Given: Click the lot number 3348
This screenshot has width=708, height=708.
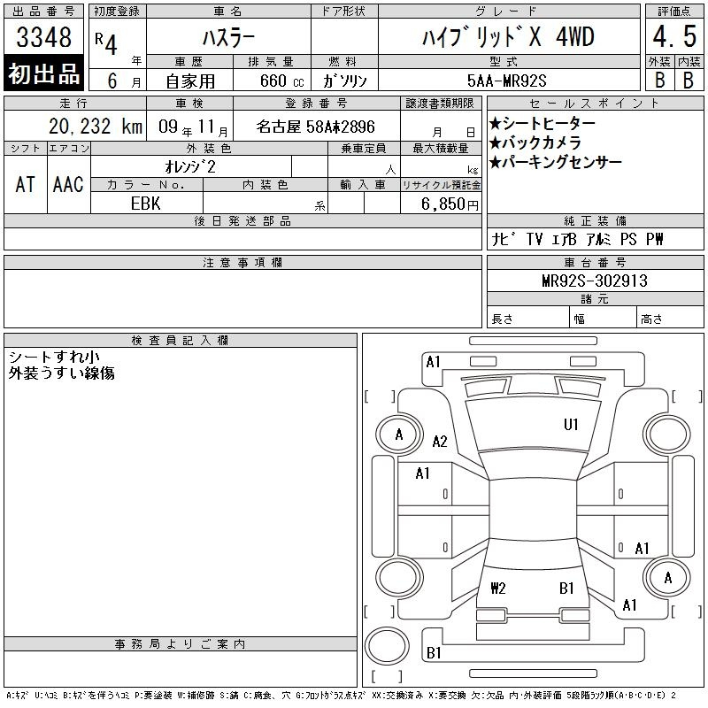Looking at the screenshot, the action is (x=43, y=37).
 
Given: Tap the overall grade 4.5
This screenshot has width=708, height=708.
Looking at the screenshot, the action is (x=674, y=36).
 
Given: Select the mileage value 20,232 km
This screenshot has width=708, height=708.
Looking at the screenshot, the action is (x=96, y=127).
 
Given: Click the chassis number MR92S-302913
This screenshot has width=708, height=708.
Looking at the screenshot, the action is (x=595, y=281).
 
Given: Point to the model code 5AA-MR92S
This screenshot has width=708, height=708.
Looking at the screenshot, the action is (x=506, y=81).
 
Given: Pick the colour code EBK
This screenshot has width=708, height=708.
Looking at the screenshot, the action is (x=145, y=204).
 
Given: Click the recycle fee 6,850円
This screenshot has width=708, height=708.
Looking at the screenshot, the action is (x=450, y=204).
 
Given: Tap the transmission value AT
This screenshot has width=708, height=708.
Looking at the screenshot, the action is (x=26, y=184).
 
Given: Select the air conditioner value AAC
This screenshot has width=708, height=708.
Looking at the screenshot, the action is (x=68, y=184).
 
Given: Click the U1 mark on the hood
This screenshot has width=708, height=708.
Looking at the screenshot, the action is (x=571, y=425).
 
